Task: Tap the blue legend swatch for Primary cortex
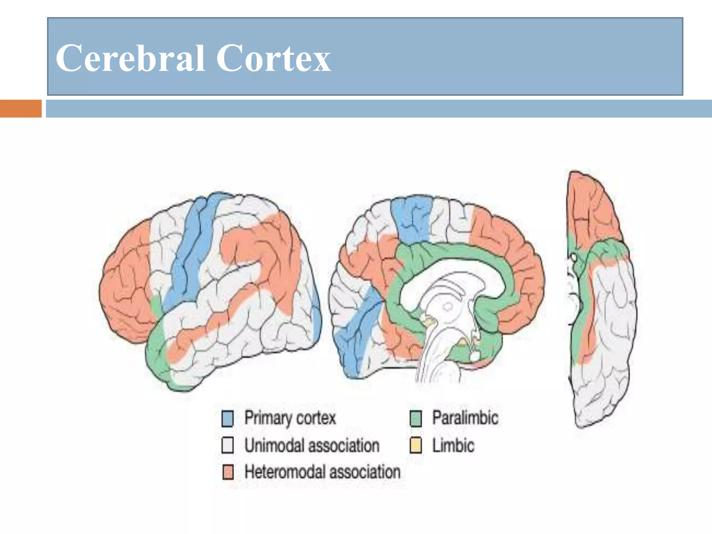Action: pos(228,419)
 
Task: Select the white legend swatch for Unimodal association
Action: pos(228,445)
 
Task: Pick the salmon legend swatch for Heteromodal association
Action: pos(228,472)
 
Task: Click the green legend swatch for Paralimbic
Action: pos(416,419)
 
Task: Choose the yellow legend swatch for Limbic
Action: pos(416,445)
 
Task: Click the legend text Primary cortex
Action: pos(290,418)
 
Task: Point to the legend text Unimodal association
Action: pos(312,445)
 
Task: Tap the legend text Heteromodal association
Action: pos(322,472)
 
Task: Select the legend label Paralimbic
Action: pos(465,418)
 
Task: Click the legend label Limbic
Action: pos(453,445)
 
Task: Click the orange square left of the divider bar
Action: pos(21,108)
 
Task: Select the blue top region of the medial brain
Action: pos(412,219)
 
